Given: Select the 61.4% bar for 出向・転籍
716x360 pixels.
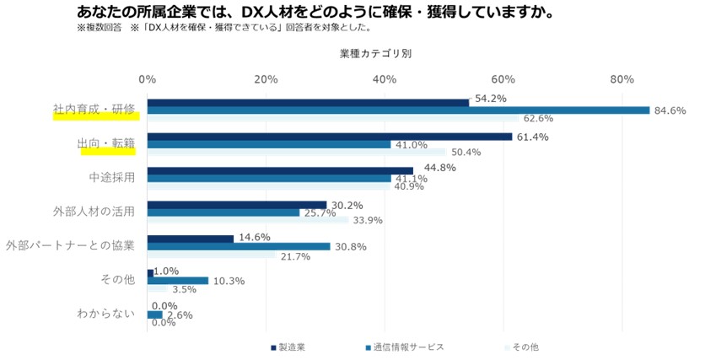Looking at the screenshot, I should click(x=330, y=137).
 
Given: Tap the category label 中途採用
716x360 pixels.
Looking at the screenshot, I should click(x=111, y=177).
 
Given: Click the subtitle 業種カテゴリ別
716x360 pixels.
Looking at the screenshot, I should click(x=375, y=52).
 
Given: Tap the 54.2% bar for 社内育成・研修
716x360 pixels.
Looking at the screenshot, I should click(x=308, y=102).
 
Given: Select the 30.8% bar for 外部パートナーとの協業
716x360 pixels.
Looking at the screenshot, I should click(x=239, y=246).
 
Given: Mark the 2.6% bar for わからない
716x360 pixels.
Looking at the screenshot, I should click(x=155, y=314).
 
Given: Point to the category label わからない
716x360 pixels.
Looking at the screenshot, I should click(x=105, y=314).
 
